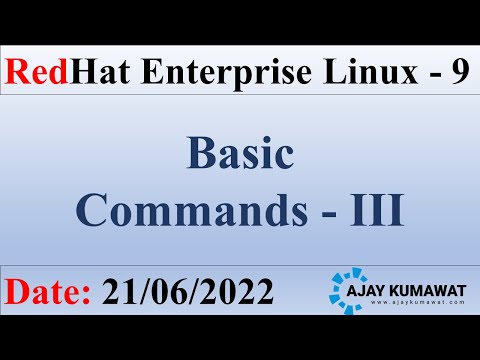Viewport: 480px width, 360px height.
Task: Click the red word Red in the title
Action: coord(36,72)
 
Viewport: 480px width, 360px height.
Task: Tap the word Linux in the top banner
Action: coord(346,72)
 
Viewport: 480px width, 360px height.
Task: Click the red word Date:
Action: coord(48,291)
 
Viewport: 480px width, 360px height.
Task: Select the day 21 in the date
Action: coord(118,291)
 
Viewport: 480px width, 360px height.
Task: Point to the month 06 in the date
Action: coord(172,291)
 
